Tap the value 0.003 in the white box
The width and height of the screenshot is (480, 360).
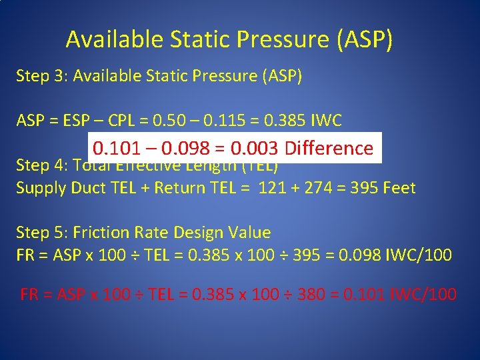point(255,148)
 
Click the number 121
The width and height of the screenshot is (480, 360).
point(271,188)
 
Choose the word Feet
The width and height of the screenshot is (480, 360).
point(398,188)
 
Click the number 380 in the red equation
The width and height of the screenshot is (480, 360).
point(311,294)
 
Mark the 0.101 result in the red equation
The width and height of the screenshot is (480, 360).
point(362,294)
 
